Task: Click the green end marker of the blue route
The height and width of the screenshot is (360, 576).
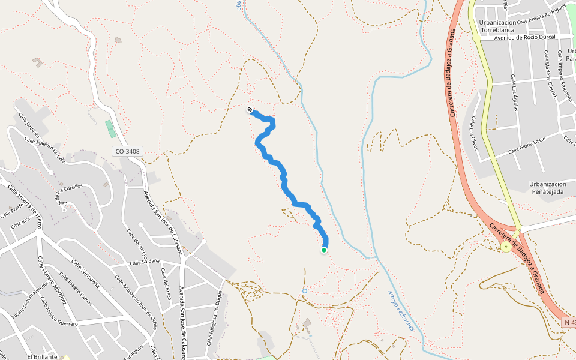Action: point(324,250)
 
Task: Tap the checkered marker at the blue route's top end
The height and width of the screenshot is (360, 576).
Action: point(250,109)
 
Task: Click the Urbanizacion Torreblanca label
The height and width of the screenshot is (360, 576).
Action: point(498,26)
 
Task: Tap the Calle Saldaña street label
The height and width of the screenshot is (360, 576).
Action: point(145,262)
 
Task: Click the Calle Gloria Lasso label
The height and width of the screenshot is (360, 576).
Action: point(527,145)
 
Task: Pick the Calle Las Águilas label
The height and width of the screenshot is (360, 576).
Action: point(515,90)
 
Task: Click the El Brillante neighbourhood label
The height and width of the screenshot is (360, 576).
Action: point(42,356)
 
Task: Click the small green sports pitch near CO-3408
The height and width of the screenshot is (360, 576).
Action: point(109,128)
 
